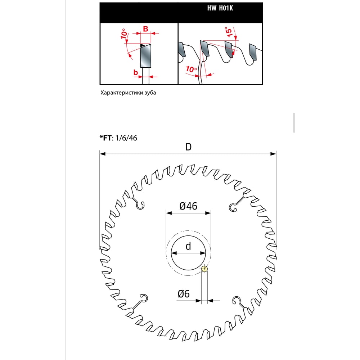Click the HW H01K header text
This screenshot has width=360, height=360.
(220, 8)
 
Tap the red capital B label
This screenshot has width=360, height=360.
(145, 29)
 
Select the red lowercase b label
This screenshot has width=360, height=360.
(136, 72)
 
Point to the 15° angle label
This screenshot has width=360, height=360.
(229, 32)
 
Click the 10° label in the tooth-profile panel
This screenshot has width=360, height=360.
(191, 69)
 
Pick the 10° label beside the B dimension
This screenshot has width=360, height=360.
(124, 34)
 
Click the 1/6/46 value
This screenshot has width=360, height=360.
(126, 138)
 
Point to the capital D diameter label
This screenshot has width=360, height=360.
(188, 147)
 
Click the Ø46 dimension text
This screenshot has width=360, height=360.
(188, 206)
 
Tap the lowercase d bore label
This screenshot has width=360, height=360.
(188, 246)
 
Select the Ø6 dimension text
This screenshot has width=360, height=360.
(184, 294)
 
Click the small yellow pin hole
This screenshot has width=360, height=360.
(204, 269)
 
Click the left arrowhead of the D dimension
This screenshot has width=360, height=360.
(103, 154)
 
